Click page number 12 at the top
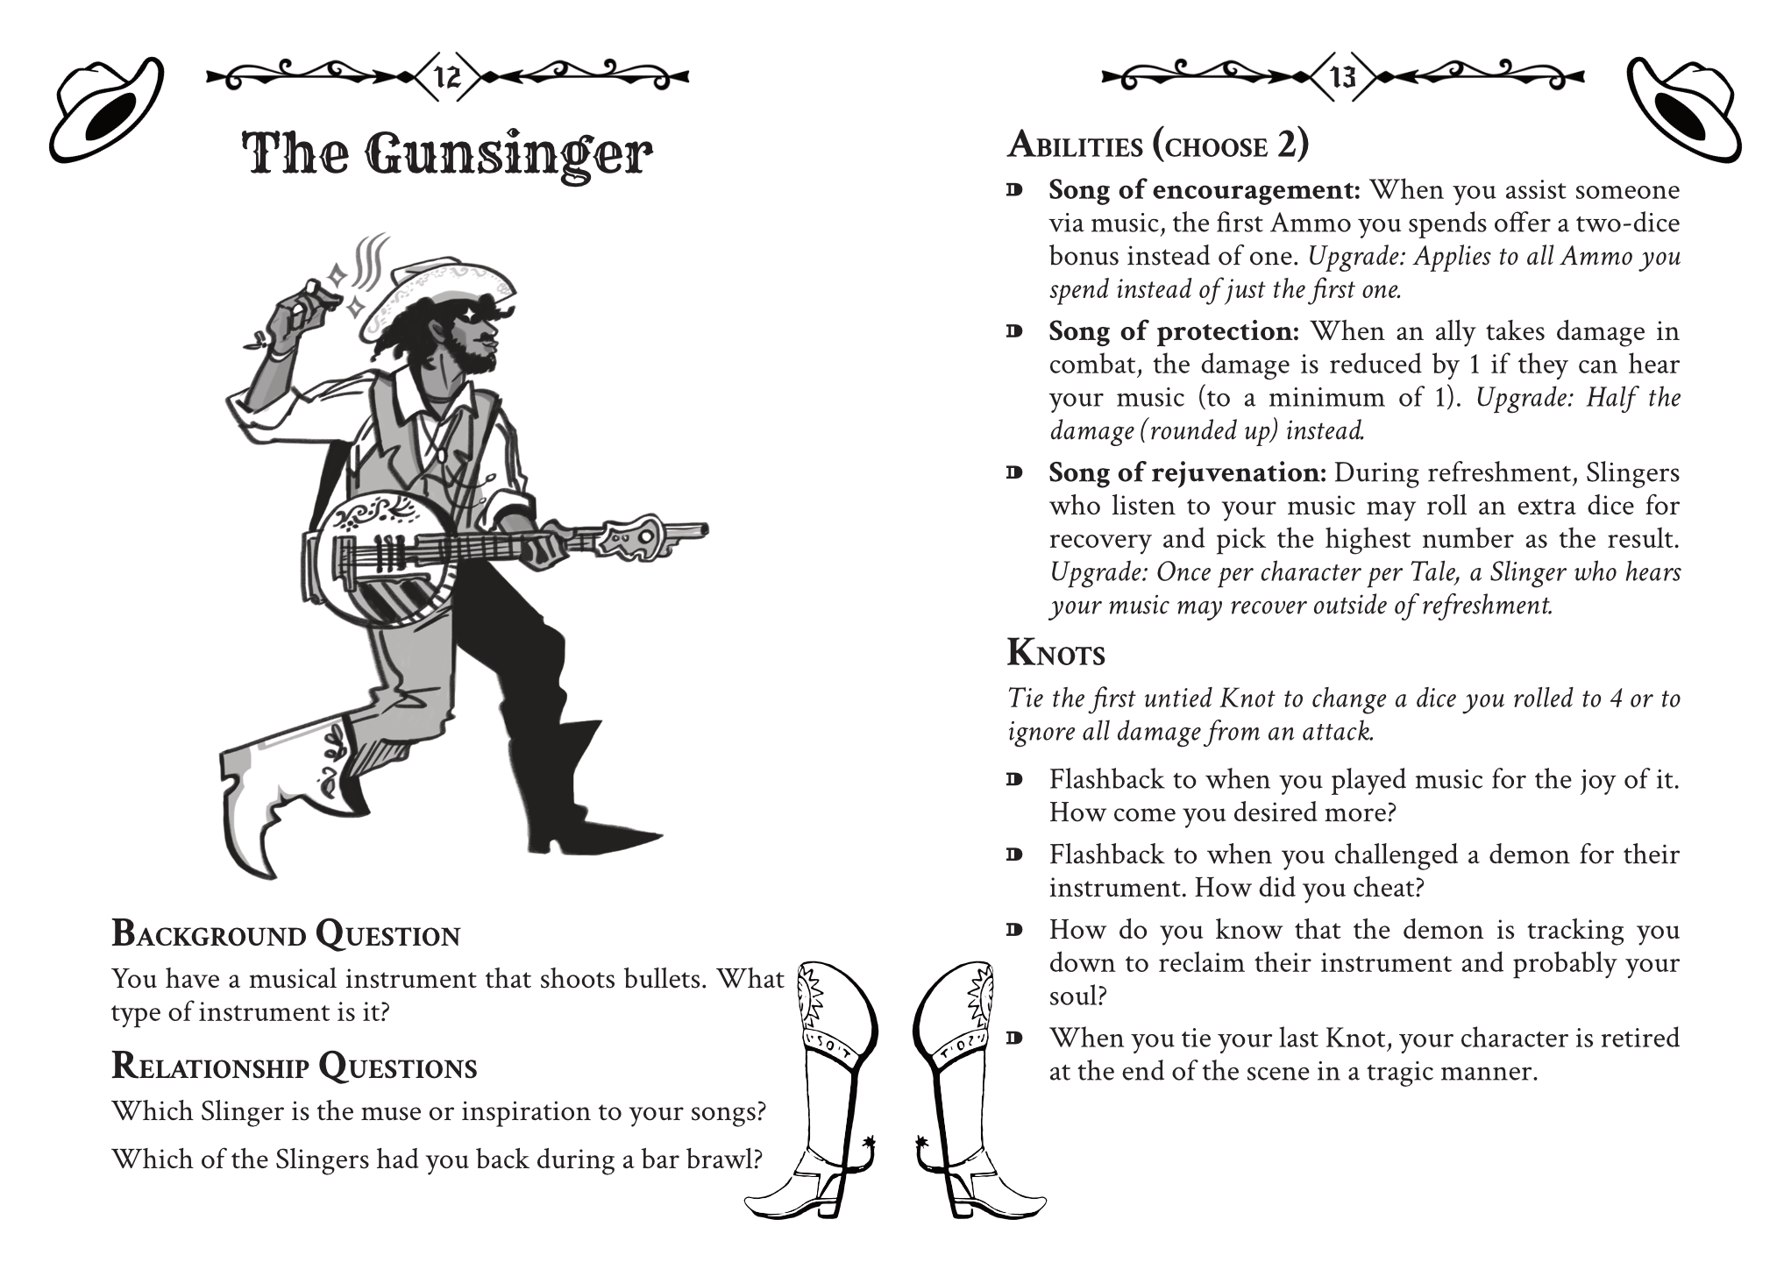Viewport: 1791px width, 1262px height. [447, 77]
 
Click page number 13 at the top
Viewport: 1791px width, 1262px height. [1343, 77]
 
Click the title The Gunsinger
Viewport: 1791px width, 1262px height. [447, 155]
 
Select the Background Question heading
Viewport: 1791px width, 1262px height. [286, 934]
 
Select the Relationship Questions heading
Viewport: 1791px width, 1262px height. [295, 1067]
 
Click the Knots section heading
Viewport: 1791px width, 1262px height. [1055, 653]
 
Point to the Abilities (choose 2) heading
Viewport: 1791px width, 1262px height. [1157, 145]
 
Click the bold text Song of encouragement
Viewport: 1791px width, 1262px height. [1204, 190]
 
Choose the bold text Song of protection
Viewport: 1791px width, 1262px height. [1174, 331]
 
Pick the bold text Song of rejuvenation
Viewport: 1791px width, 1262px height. [1187, 473]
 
